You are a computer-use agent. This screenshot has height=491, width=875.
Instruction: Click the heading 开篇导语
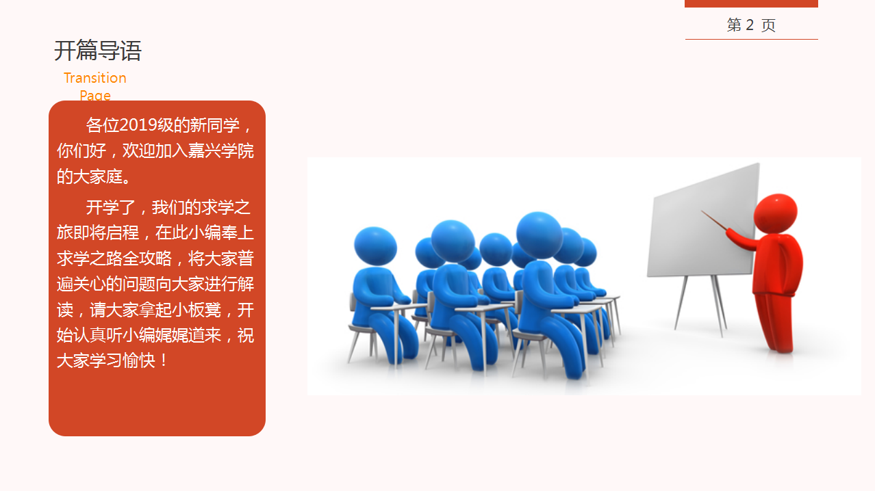(98, 51)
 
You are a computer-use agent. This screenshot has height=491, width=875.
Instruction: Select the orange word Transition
(95, 78)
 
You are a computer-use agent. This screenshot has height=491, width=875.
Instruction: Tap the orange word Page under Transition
(95, 95)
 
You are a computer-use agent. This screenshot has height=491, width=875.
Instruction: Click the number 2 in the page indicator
(749, 25)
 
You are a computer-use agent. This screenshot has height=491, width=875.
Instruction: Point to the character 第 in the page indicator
(734, 25)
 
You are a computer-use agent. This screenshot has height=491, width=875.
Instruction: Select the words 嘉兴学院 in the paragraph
(220, 150)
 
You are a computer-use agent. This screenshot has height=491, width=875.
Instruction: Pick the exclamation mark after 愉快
(163, 360)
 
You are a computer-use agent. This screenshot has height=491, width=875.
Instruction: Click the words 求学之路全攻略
(114, 258)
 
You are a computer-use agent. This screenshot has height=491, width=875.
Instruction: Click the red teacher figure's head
(776, 214)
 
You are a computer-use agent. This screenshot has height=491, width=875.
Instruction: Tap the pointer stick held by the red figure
(713, 220)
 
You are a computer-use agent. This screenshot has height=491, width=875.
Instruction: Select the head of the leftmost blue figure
(375, 246)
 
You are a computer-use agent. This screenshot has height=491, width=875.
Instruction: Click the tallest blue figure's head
(539, 235)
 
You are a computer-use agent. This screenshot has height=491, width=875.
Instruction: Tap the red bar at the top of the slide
(751, 3)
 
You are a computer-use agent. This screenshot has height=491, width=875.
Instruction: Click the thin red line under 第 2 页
(751, 39)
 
